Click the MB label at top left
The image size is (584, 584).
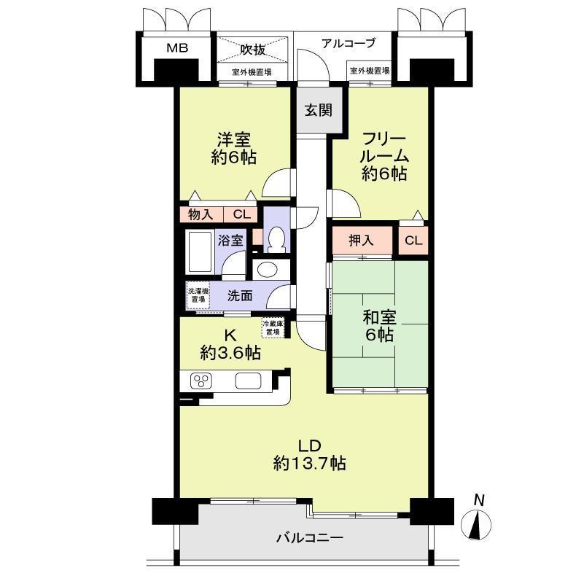tap(177, 48)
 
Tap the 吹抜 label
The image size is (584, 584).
tap(252, 50)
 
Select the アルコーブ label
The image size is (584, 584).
tap(349, 43)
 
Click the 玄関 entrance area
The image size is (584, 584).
tap(319, 110)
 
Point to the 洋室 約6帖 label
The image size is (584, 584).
tap(234, 148)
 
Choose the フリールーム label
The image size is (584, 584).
tap(384, 147)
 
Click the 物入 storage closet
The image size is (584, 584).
tap(201, 214)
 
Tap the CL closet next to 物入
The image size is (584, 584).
tap(241, 214)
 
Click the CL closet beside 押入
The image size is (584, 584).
tap(413, 240)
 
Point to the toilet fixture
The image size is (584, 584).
tap(276, 239)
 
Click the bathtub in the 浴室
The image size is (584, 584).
tap(200, 252)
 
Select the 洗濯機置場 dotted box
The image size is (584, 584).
tap(198, 295)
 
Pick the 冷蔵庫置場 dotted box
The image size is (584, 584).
tap(273, 328)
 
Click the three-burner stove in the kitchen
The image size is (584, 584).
tap(201, 381)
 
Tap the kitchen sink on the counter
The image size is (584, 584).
tap(248, 381)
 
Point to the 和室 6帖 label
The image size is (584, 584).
tap(380, 326)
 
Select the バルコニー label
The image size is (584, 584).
tap(310, 538)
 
